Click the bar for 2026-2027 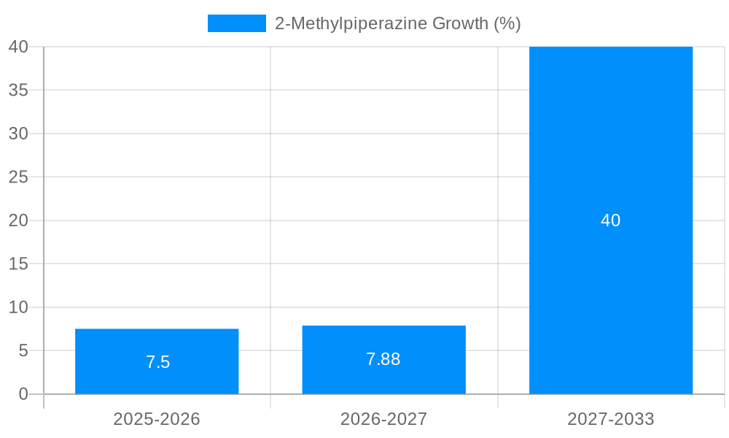(383, 343)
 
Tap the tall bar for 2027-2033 (611, 146)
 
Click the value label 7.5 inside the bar (157, 362)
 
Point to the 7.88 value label (383, 359)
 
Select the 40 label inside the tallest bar (611, 220)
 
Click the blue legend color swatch (237, 23)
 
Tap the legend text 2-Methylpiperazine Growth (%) (397, 23)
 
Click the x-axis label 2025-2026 (157, 419)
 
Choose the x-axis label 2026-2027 (383, 419)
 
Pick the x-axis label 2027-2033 (611, 419)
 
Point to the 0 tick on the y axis (23, 394)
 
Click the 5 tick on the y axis (23, 351)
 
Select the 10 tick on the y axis (18, 307)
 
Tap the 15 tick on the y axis (18, 264)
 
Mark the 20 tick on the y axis (18, 220)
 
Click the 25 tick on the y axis (18, 177)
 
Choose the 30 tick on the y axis (18, 134)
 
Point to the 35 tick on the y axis (18, 91)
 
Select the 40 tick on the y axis (18, 47)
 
